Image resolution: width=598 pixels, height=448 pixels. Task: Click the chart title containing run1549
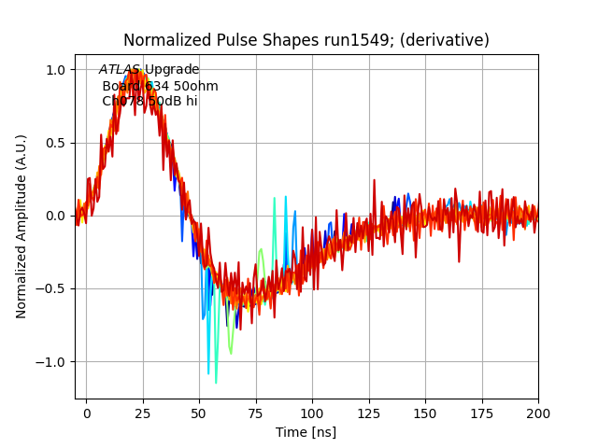pos(306,40)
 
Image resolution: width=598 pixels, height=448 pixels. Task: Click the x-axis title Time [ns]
pos(306,432)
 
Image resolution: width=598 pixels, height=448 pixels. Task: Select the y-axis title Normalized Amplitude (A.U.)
pos(21,226)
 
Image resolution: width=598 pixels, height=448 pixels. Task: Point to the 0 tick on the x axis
pos(87,412)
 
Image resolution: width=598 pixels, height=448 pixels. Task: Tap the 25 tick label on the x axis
pos(143,412)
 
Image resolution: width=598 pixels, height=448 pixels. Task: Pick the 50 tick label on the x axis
pos(200,412)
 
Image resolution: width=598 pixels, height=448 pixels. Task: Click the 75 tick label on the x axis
pos(256,412)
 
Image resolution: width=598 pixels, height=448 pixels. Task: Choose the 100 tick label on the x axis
pos(313,412)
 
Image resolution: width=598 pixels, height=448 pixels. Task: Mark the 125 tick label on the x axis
pos(369,412)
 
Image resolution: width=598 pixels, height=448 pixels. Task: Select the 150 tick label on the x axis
pos(426,412)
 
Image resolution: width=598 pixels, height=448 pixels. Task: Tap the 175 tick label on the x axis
pos(482,412)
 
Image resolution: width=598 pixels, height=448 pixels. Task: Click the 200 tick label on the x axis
pos(538,412)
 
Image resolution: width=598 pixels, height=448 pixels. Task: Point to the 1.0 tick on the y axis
pos(55,70)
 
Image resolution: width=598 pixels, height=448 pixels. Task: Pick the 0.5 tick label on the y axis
pos(55,143)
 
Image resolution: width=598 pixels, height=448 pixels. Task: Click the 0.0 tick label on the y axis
pos(55,216)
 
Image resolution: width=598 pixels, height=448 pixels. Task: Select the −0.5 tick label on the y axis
pos(51,288)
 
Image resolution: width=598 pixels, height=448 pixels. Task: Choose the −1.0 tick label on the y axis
pos(51,361)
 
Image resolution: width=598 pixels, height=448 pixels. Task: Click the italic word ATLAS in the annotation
pos(120,70)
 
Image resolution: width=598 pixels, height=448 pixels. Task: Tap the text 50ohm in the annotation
pos(196,86)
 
